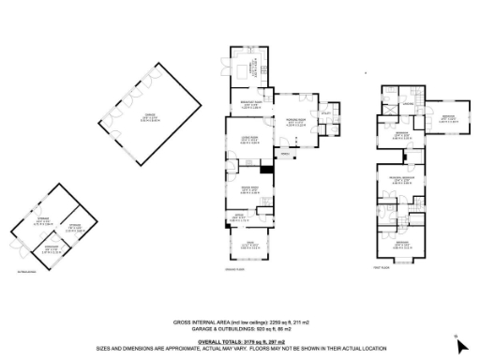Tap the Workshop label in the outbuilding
49,248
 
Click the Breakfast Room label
251,103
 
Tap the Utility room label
327,112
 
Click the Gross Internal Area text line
241,322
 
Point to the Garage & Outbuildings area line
241,328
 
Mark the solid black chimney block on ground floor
267,170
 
